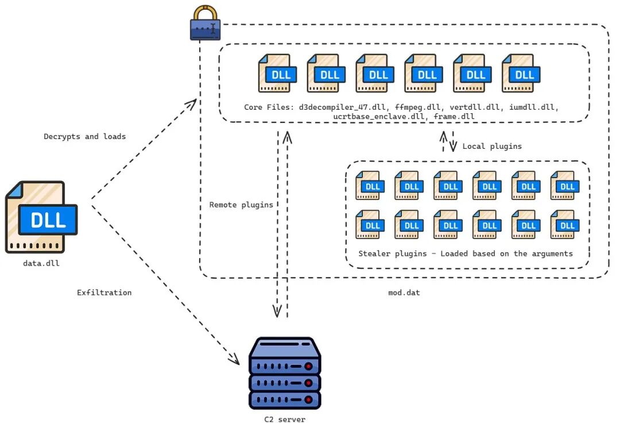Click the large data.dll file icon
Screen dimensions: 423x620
coord(41,217)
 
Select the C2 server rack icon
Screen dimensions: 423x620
coord(285,373)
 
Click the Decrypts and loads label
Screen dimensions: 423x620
coord(84,137)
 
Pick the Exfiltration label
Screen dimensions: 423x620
coord(104,293)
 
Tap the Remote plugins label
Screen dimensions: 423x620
coord(241,205)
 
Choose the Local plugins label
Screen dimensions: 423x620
coord(492,146)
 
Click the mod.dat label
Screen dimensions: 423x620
coord(404,293)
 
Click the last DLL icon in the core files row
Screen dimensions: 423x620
coord(521,73)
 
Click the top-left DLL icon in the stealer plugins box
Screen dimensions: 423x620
coord(371,185)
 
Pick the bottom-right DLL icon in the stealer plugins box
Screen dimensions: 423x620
coord(565,224)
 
